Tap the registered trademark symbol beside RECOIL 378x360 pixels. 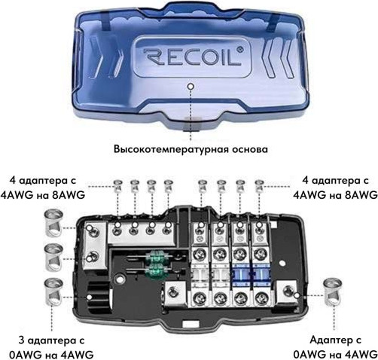240,49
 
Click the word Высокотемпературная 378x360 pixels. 170,149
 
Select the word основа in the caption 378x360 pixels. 249,149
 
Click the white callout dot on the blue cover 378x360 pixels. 191,86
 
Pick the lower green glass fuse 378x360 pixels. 154,270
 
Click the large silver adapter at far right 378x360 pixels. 333,292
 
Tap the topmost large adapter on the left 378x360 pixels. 53,223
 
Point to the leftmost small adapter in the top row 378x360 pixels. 117,186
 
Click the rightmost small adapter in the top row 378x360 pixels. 259,186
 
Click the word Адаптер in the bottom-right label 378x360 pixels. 329,340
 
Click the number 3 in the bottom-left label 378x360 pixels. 22,340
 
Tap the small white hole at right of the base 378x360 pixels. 282,264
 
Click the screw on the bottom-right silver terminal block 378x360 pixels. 287,291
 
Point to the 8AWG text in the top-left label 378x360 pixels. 68,195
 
